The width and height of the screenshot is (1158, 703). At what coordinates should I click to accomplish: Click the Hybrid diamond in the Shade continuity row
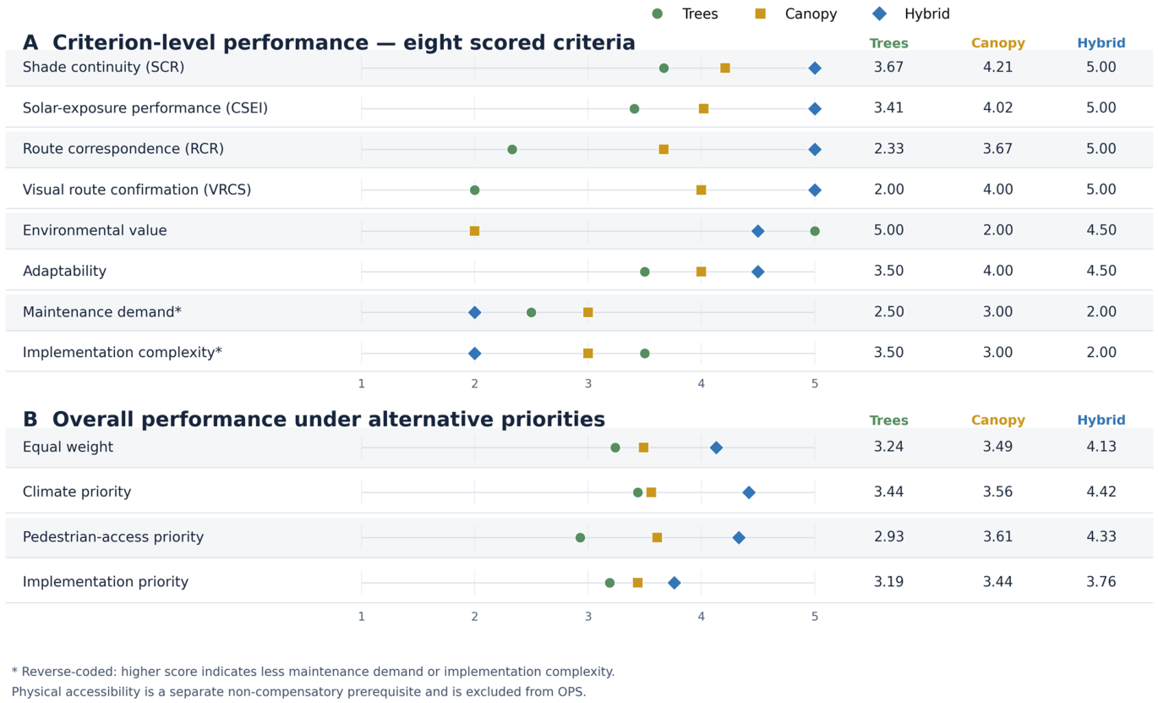(x=815, y=68)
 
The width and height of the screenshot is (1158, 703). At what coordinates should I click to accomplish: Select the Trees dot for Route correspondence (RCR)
(x=512, y=150)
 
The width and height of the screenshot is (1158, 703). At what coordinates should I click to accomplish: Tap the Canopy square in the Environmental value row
(x=474, y=231)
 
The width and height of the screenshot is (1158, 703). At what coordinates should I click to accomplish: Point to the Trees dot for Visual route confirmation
(x=474, y=189)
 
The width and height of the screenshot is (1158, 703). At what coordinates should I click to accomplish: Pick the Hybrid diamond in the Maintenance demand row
(x=474, y=312)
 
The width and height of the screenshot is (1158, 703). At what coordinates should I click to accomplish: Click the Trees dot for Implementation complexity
(x=645, y=354)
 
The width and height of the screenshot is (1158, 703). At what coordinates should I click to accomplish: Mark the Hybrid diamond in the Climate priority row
(x=749, y=492)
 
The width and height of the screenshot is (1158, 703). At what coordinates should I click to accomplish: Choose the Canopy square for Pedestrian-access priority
(x=657, y=537)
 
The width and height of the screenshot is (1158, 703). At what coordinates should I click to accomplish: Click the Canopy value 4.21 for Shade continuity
(x=997, y=67)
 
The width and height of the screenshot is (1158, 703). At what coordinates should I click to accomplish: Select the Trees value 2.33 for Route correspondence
(x=888, y=149)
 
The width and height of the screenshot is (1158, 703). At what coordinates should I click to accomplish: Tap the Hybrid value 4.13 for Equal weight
(x=1101, y=447)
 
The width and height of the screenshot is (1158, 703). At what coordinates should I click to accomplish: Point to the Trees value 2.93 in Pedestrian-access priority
(x=888, y=537)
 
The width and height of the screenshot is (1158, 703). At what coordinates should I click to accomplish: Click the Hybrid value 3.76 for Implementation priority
(x=1101, y=582)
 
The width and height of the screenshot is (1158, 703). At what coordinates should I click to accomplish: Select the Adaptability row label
(x=64, y=271)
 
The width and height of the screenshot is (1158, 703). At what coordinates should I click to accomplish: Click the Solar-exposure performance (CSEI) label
(x=145, y=108)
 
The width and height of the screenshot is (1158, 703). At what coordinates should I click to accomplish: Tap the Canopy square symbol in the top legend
(x=760, y=14)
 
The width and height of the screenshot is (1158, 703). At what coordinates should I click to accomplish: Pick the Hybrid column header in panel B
(x=1101, y=420)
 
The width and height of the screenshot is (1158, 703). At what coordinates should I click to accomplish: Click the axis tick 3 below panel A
(x=587, y=384)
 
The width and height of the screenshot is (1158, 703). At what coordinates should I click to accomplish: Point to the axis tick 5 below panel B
(x=815, y=617)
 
